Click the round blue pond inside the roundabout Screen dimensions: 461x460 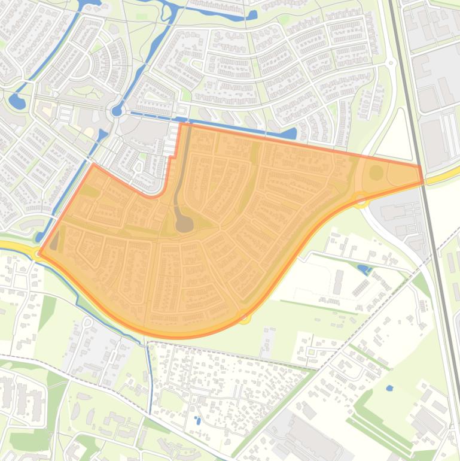tap(117, 111)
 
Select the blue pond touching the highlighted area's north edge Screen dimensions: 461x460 tap(290, 134)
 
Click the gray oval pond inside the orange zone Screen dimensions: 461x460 tap(184, 224)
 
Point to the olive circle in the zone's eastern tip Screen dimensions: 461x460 tap(376, 173)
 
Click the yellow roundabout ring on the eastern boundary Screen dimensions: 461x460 tap(360, 199)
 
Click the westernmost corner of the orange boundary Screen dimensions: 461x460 tap(39, 253)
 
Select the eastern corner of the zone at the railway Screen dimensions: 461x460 tap(422, 174)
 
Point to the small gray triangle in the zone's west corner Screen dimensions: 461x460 tap(54, 242)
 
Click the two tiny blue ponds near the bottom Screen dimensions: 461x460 tap(197, 420)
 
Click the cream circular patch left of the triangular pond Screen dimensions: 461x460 tap(89, 132)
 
